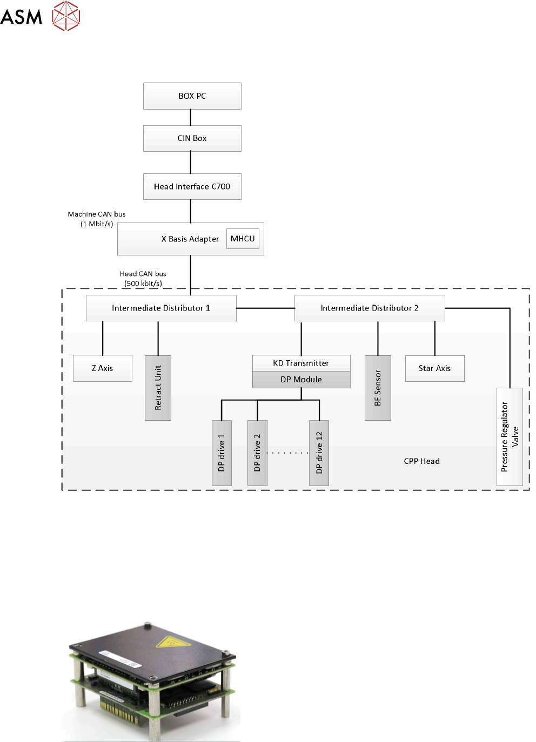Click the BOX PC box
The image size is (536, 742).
click(x=192, y=96)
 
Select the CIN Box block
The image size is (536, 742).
click(x=192, y=138)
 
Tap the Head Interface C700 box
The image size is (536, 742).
click(x=192, y=186)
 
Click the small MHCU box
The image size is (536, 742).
click(x=243, y=238)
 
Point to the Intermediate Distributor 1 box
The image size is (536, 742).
click(x=161, y=308)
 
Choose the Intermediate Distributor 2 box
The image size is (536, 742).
click(x=370, y=308)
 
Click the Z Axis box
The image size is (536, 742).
click(x=102, y=368)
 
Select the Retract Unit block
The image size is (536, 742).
click(x=158, y=388)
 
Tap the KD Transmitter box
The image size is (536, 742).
click(x=301, y=363)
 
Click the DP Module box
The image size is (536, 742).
click(x=301, y=380)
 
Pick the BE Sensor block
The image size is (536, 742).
click(x=378, y=388)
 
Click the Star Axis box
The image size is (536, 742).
click(x=434, y=368)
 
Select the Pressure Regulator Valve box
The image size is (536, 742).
click(x=510, y=436)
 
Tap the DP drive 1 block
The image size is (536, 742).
click(x=222, y=453)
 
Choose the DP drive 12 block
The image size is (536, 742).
click(x=319, y=453)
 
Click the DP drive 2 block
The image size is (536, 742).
click(x=257, y=453)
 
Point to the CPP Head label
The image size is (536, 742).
click(x=421, y=461)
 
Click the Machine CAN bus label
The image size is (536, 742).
click(x=97, y=214)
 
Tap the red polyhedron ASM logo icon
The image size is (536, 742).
click(x=66, y=16)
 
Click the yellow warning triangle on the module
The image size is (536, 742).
click(x=169, y=642)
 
